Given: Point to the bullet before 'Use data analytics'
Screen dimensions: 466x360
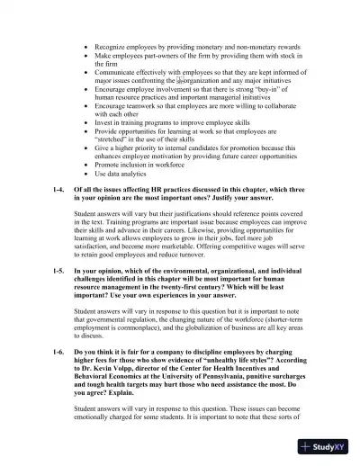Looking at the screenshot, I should [85, 173].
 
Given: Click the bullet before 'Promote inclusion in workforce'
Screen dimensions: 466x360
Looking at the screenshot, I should [85, 164].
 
